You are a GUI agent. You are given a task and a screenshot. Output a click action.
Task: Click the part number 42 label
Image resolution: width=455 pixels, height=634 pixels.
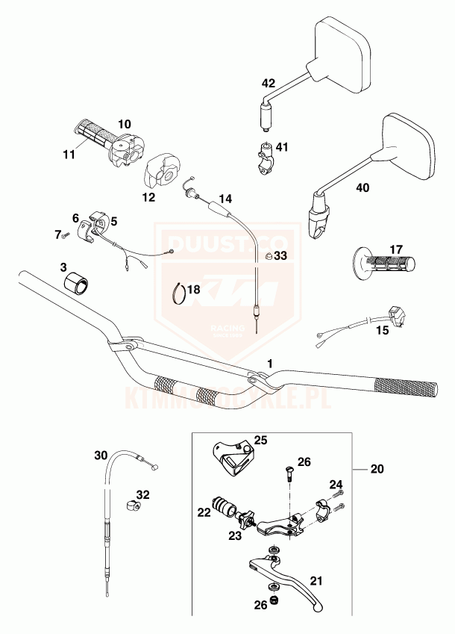pos(268,83)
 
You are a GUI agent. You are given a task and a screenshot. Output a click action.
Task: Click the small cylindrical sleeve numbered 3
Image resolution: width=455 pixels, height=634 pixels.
pos(75,282)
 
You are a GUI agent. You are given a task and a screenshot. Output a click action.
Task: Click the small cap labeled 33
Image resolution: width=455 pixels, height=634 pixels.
pos(269,257)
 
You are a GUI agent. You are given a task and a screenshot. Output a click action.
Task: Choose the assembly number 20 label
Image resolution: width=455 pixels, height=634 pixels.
pos(377,470)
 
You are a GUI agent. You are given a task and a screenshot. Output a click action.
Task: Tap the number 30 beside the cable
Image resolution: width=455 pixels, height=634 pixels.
pos(101,455)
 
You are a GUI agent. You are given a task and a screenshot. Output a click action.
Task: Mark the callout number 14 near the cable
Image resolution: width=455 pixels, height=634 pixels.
pos(225,199)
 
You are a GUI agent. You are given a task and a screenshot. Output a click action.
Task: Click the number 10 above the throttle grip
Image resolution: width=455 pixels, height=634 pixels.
pos(124,123)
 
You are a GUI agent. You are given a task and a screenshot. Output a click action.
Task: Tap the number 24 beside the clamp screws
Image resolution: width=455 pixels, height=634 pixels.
pos(336,485)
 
